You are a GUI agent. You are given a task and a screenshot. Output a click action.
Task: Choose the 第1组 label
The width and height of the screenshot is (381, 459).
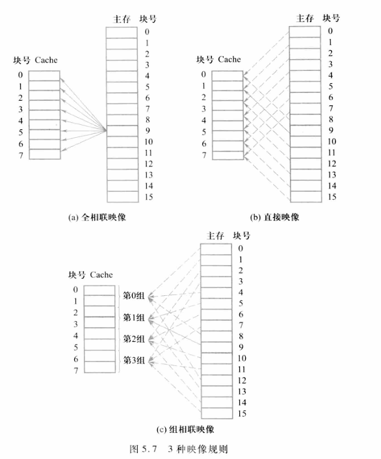tap(135, 317)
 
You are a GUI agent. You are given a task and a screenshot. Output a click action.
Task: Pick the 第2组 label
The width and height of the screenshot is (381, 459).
tap(135, 339)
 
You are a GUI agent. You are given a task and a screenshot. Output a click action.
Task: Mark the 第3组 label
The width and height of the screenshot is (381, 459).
tap(135, 360)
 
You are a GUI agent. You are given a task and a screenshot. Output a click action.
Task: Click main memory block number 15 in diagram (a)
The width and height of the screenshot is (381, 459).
tap(149, 196)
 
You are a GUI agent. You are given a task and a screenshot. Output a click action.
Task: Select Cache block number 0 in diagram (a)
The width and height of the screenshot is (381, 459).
tap(21, 74)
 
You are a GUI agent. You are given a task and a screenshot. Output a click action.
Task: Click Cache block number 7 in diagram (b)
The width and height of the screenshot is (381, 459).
tap(204, 155)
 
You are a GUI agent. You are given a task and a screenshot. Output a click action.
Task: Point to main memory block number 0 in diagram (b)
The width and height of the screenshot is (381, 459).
tap(331, 31)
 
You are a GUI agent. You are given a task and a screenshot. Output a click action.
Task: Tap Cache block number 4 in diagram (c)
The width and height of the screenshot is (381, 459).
tap(76, 335)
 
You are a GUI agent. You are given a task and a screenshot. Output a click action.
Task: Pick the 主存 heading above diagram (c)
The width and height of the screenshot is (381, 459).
tap(215, 235)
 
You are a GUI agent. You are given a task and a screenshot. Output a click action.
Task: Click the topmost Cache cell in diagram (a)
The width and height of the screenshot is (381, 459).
tap(44, 75)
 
